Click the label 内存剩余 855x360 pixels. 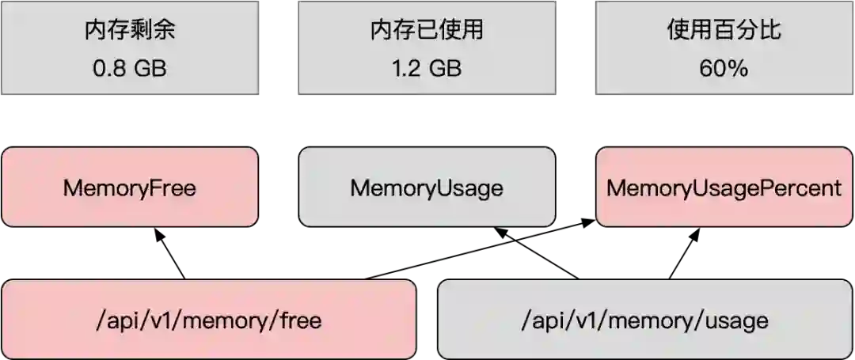tap(130, 32)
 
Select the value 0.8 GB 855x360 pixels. tap(130, 69)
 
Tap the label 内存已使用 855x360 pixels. tap(427, 32)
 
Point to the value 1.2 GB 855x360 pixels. tap(427, 69)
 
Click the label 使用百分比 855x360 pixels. tap(724, 32)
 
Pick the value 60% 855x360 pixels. tap(724, 69)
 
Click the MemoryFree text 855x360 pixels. tap(130, 188)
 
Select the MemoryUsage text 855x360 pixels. tap(427, 188)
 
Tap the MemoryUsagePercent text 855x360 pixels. tap(724, 188)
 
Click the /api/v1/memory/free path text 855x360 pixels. tap(208, 320)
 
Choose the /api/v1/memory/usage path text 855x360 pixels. tap(645, 320)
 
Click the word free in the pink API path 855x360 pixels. tap(299, 320)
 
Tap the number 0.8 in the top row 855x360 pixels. tap(108, 69)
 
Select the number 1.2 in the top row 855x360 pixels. tap(405, 69)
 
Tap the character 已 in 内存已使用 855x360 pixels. tap(427, 32)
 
